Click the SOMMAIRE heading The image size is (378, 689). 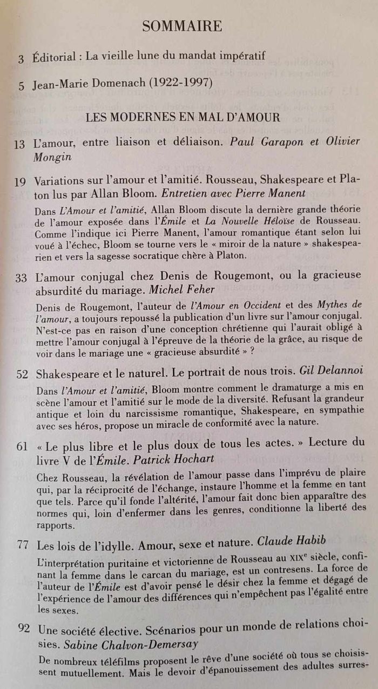pyautogui.click(x=182, y=25)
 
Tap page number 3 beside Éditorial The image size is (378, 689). pyautogui.click(x=21, y=59)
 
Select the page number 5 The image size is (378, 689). pyautogui.click(x=22, y=86)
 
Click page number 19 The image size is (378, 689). pyautogui.click(x=20, y=181)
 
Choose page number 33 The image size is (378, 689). pyautogui.click(x=21, y=279)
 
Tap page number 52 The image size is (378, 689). pyautogui.click(x=22, y=375)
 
